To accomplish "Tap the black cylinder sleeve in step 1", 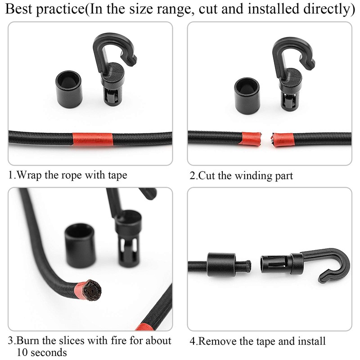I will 69,88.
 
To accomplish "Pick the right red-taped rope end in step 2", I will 283,139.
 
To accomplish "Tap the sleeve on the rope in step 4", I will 221,264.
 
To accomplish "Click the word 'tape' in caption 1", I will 115,175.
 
